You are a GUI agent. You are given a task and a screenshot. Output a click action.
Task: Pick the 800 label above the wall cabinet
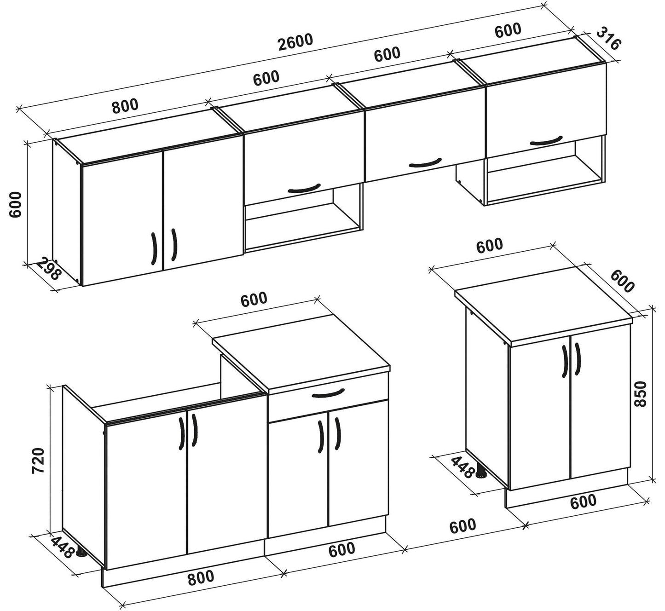[x=124, y=106]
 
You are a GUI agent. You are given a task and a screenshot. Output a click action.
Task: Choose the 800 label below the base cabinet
[x=201, y=577]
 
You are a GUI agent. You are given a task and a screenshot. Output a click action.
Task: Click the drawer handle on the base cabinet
[x=328, y=394]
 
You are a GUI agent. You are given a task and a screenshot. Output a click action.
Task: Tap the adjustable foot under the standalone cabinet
[x=482, y=474]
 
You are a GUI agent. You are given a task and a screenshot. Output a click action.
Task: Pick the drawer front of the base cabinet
[x=328, y=400]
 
